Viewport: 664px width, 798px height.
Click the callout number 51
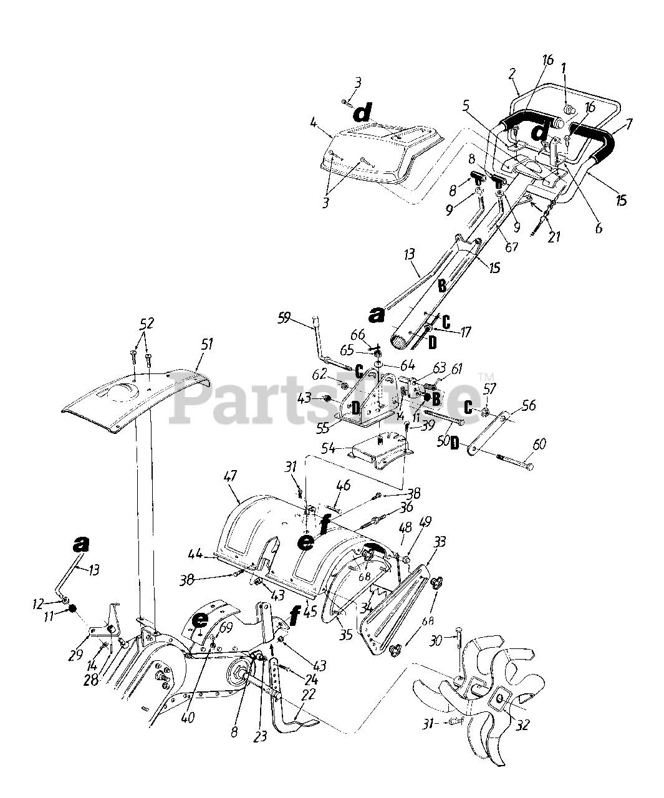coord(206,344)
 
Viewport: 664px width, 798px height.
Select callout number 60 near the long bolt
coord(539,444)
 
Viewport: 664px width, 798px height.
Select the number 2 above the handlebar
coord(512,74)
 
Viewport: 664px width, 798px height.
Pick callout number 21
coord(554,236)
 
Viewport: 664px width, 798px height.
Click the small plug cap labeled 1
coord(569,109)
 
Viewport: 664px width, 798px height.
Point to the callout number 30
coord(436,640)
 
